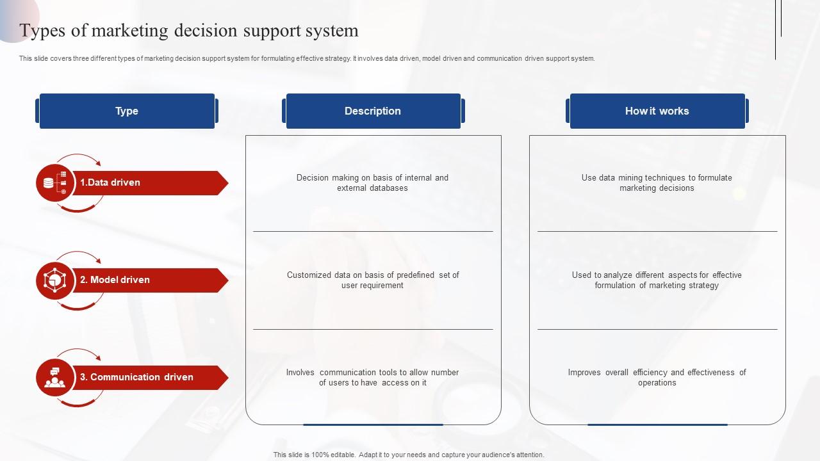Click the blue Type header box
coord(127,111)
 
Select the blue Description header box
coord(373,111)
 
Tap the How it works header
coord(657,111)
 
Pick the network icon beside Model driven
coord(55,280)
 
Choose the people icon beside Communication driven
coord(55,378)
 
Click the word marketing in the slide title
coord(129,30)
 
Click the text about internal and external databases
coord(372,182)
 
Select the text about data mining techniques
coord(657,182)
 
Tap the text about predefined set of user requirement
coord(373,280)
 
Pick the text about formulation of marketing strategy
coord(657,280)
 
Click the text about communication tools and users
coord(372,377)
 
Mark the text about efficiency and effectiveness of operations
coord(657,377)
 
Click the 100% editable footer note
coord(409,455)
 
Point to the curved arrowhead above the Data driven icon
coord(98,163)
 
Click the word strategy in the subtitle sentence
coord(338,58)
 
